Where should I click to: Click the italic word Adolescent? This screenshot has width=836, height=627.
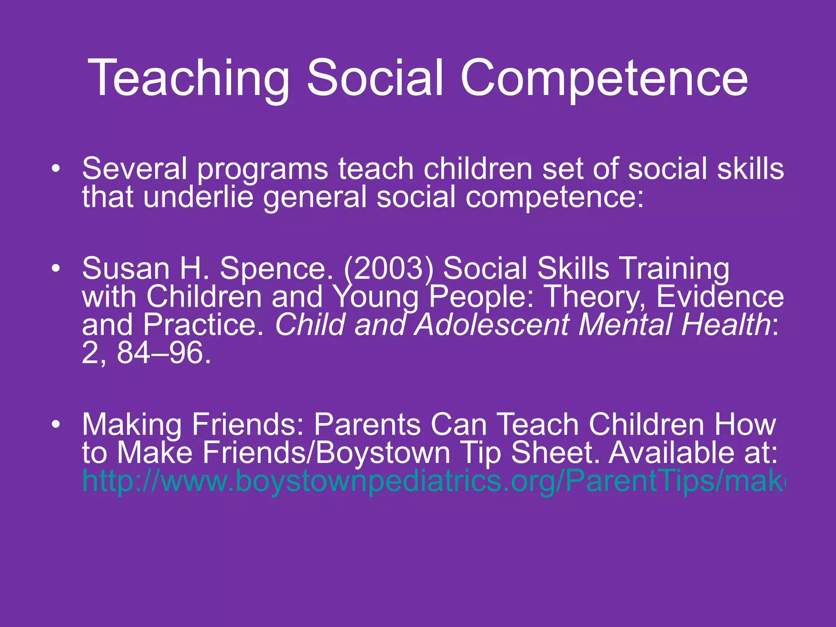(492, 325)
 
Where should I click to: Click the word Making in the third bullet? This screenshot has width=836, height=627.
(132, 425)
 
